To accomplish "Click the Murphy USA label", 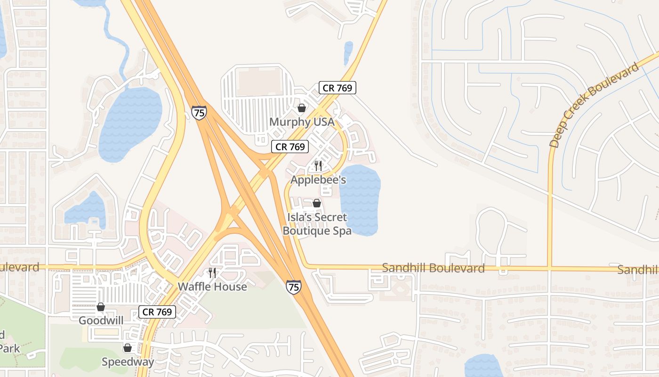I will point(302,122).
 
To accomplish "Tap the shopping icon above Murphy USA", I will point(302,108).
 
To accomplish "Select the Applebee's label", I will point(318,180).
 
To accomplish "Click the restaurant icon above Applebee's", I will point(318,165).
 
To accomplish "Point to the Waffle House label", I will point(212,287).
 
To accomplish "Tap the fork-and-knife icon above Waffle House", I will point(212,273).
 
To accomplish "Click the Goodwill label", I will point(101,320).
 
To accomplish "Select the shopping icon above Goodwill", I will point(101,307).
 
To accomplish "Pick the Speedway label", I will point(128,362).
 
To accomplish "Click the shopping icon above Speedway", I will point(127,348).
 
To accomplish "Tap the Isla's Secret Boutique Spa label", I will point(317,224).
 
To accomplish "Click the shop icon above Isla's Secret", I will point(317,203).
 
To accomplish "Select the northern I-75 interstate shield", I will point(199,113).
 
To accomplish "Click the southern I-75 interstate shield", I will point(294,287).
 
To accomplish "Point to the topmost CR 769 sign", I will point(337,87).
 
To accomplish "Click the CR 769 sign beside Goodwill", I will point(157,311).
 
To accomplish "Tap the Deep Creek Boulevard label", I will point(595,105).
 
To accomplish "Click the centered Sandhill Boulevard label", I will point(433,268).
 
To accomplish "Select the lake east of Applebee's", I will point(360,200).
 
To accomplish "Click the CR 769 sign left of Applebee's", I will point(290,147).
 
